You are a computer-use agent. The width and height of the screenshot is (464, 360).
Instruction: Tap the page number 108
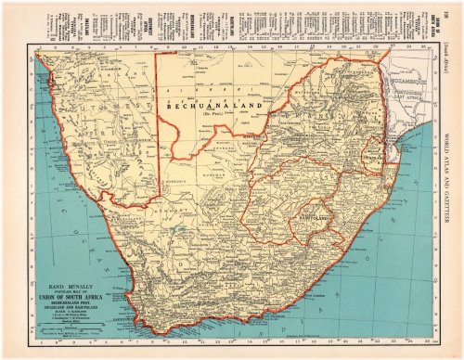coord(442,11)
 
